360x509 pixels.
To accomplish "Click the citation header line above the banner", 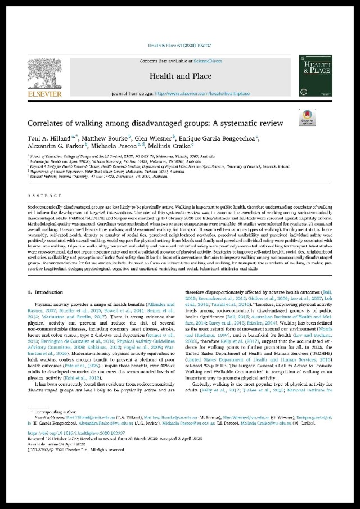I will point(179,48).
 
